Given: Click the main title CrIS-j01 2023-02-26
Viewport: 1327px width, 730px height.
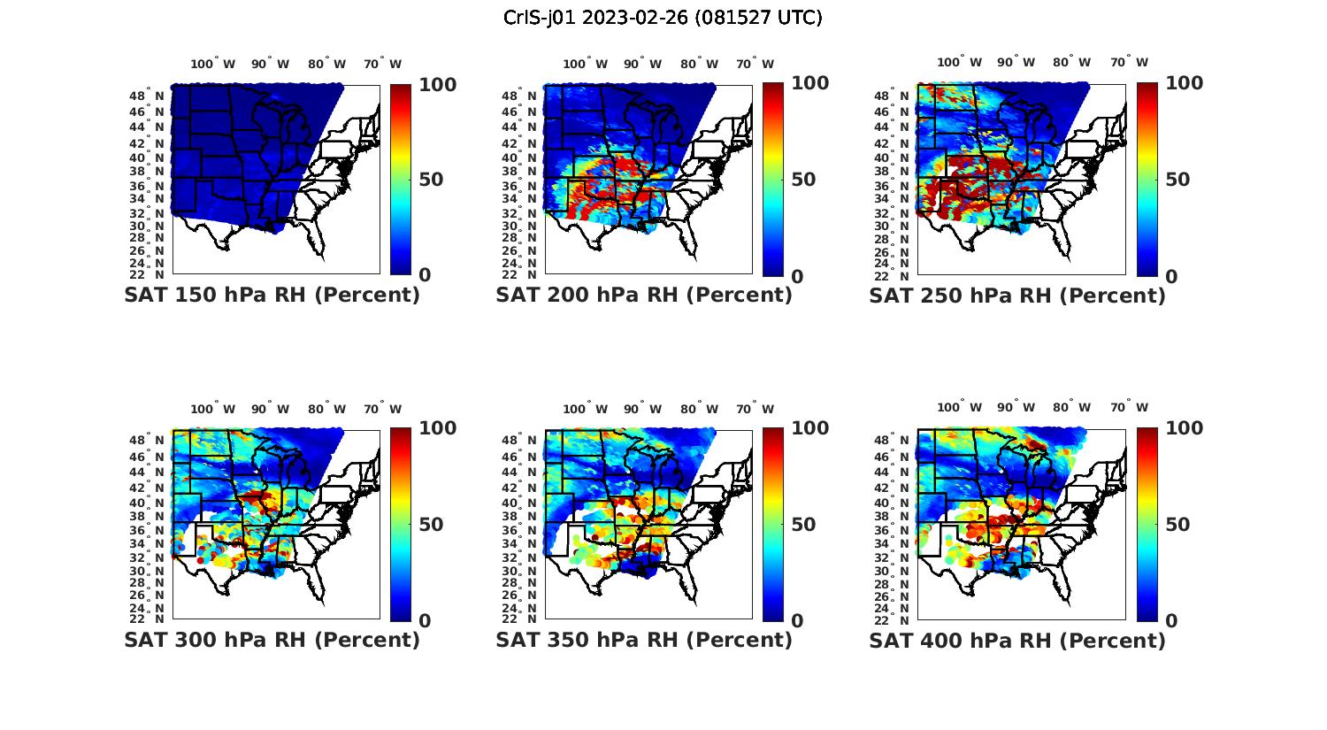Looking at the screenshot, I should coord(663,18).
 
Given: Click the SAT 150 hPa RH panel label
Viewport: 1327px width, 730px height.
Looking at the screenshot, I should coord(272,296).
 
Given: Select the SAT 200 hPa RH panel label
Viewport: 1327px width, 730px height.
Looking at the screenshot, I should coord(644,296).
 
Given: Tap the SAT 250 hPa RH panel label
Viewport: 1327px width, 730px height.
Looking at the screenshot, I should coord(1017,296).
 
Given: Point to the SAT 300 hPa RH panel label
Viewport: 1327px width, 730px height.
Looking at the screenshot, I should coord(272,640).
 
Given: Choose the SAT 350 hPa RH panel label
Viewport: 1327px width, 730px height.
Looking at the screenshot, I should coord(644,640).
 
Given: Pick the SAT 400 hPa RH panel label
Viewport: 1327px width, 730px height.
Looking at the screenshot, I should coord(1017,640).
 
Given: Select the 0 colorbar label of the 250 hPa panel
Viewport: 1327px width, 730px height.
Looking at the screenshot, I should coord(1171,277).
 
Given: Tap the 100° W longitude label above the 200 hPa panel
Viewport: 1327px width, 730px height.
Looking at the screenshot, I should coord(585,64).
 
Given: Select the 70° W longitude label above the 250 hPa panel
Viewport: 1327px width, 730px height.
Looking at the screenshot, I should coord(1129,62).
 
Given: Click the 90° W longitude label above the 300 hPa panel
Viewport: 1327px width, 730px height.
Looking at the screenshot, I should coord(270,409).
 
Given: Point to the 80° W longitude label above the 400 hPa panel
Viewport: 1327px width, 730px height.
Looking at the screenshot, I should coord(1071,407).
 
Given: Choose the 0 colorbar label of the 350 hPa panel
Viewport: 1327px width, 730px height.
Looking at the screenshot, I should coord(797,621).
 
